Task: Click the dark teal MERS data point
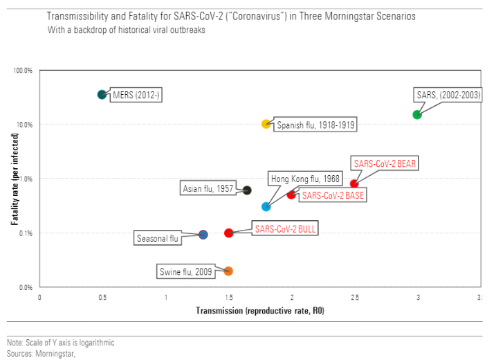pos(102,94)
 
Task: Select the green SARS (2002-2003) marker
pos(417,114)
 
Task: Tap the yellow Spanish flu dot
pos(266,124)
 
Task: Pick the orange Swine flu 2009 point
pos(228,271)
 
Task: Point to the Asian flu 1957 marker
pos(247,190)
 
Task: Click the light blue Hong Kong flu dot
pos(266,206)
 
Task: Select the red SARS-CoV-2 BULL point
pos(228,233)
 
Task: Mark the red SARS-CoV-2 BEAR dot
pos(354,183)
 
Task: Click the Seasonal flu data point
pos(203,235)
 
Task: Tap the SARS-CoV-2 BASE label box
pos(333,195)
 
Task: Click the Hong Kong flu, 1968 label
pos(304,179)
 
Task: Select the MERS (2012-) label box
pos(137,96)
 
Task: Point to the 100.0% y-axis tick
pos(24,71)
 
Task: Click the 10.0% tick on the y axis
pos(24,125)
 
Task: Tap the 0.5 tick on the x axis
pos(102,297)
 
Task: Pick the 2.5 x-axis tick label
pos(353,297)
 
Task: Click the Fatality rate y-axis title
pos(14,179)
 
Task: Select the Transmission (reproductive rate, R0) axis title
pos(260,311)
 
